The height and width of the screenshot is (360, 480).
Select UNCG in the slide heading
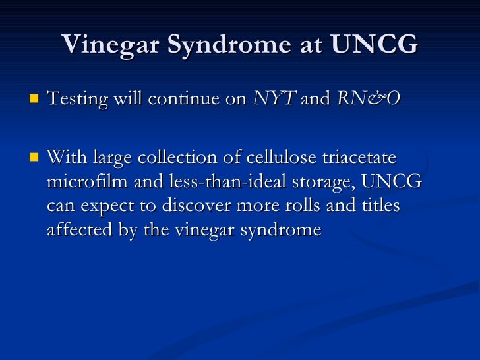(374, 45)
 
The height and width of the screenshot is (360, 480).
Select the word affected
(77, 230)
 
